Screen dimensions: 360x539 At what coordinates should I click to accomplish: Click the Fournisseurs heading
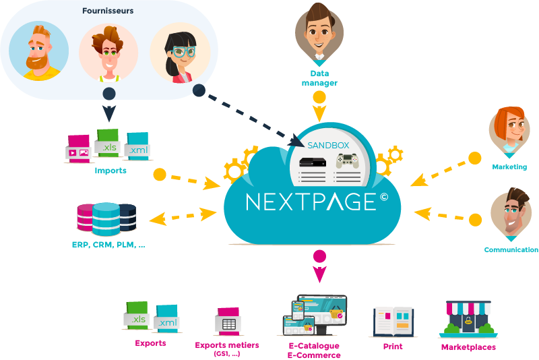point(108,11)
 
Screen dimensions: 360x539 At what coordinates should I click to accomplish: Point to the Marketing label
point(509,167)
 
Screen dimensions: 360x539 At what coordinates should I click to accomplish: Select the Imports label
point(110,171)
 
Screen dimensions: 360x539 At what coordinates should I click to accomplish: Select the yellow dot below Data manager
point(319,97)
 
